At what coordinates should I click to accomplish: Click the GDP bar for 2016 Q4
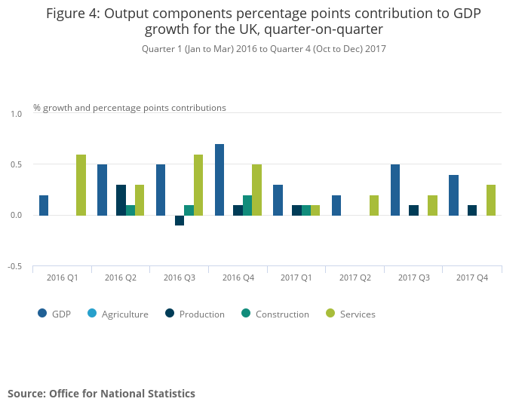point(219,179)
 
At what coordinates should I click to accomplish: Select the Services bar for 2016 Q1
point(81,185)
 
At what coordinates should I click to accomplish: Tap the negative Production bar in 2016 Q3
point(180,220)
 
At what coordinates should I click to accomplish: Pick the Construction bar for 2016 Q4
point(247,205)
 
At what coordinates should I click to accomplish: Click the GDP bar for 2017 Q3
point(395,190)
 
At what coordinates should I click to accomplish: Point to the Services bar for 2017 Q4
point(491,200)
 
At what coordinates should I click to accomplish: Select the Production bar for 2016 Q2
point(121,200)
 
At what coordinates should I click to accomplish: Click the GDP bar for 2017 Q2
point(336,205)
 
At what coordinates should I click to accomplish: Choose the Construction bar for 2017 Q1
point(306,210)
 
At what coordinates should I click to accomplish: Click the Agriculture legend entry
point(124,314)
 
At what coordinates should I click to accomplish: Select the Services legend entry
point(357,314)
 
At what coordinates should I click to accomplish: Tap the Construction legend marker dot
point(247,314)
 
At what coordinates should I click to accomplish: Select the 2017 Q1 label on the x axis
point(296,278)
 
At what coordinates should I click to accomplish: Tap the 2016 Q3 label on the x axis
point(179,278)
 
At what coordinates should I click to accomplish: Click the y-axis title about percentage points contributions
point(130,108)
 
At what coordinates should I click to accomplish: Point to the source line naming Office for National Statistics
point(102,394)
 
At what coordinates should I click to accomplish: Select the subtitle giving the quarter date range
point(264,49)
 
